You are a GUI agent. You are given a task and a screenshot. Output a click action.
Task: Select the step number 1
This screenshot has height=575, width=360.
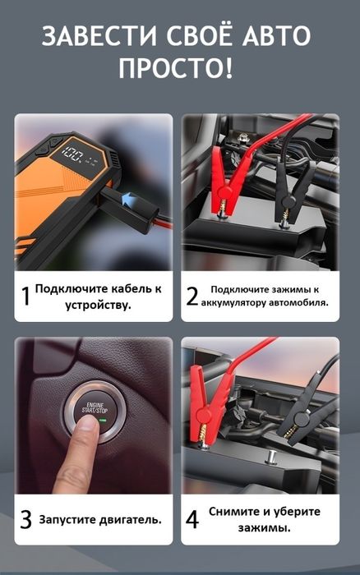click(x=25, y=296)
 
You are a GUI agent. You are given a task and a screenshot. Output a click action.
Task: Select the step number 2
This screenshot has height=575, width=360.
click(x=192, y=296)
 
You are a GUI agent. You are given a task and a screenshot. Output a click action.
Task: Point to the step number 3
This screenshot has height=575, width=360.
click(x=25, y=519)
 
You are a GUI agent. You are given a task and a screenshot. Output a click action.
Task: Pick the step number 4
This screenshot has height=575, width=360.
click(x=192, y=519)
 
